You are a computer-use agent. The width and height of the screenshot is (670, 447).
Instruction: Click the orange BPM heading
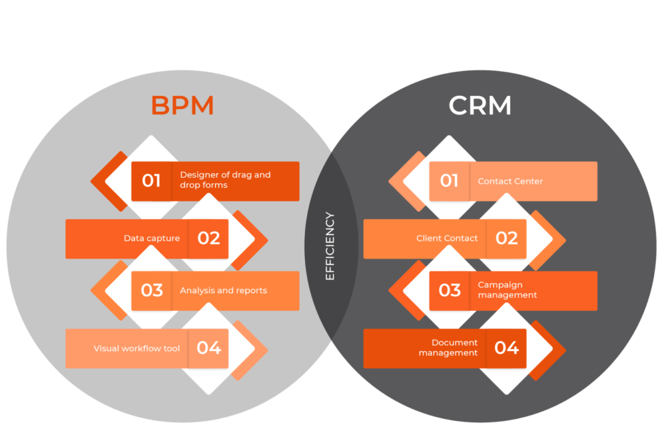pos(183,106)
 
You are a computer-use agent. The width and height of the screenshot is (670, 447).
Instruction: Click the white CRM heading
pos(480,106)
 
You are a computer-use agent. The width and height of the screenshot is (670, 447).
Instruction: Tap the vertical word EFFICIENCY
pos(329,246)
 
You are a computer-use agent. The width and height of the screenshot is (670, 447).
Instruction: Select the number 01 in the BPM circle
pos(151,181)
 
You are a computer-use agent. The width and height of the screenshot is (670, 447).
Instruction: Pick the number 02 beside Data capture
pos(209,239)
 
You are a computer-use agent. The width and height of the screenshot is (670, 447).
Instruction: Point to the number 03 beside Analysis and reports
pos(151,291)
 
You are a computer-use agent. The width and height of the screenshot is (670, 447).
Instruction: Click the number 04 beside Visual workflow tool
pos(209,348)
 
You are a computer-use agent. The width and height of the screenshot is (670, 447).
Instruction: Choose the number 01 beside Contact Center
pos(449,181)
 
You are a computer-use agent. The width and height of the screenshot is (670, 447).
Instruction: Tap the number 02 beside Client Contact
pos(507,239)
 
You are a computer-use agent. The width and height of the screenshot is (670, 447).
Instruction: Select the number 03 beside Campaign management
pos(449,291)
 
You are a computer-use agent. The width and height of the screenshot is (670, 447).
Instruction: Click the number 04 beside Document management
pos(507,348)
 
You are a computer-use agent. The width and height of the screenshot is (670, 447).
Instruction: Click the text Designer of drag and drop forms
pos(225,180)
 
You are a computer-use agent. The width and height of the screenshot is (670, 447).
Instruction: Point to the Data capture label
pos(152,239)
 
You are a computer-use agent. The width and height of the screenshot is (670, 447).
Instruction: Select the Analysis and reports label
pos(223,291)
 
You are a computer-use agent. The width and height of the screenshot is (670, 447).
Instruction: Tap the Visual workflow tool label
pos(137,349)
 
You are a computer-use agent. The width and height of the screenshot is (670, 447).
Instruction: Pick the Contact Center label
pos(510,182)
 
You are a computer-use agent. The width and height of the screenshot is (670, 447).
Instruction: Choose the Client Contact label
pos(447,239)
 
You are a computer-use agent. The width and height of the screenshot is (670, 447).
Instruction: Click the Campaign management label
pos(507,290)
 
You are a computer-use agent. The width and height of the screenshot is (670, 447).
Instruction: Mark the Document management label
pos(448,348)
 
